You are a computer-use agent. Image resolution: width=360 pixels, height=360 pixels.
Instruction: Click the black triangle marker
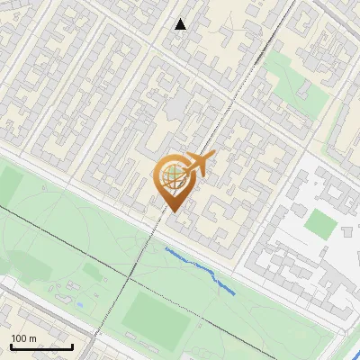[181, 24]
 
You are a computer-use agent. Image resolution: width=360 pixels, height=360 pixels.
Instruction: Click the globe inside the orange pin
[171, 176]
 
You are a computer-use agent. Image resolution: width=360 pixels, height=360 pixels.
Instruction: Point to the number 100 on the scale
[19, 338]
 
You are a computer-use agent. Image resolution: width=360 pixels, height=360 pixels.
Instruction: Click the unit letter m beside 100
[33, 338]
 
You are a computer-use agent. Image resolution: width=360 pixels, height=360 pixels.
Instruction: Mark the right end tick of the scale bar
[73, 346]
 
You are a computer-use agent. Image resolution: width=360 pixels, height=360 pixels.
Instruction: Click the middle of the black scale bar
[40, 348]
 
